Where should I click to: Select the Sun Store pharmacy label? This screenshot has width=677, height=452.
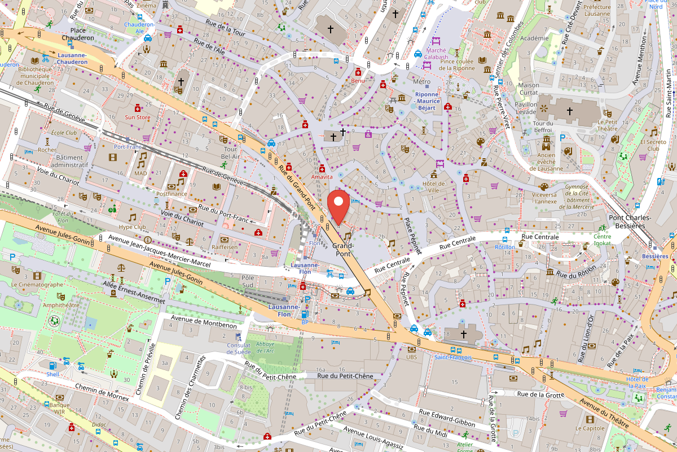137,118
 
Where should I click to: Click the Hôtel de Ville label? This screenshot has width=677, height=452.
434,187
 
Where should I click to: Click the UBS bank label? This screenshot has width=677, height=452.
411,357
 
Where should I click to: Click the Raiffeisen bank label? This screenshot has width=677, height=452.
224,247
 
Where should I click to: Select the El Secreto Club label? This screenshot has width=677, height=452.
653,146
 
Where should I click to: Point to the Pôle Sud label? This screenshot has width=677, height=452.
248,281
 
